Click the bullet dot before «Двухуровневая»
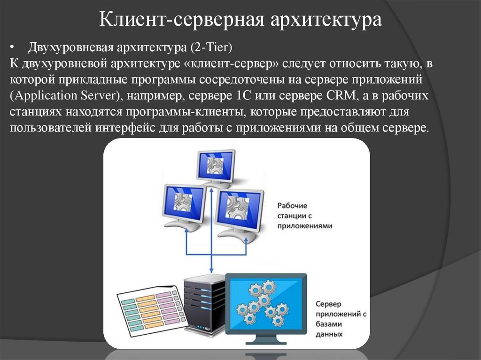tap(13, 47)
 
